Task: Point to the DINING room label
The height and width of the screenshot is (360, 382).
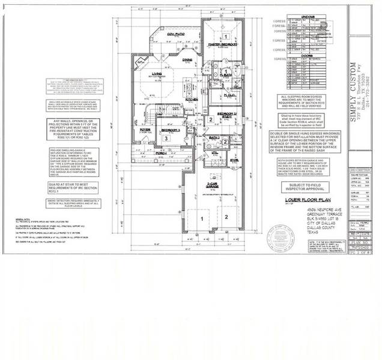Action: pos(187,59)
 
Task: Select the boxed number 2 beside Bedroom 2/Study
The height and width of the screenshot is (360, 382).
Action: pos(210,119)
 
